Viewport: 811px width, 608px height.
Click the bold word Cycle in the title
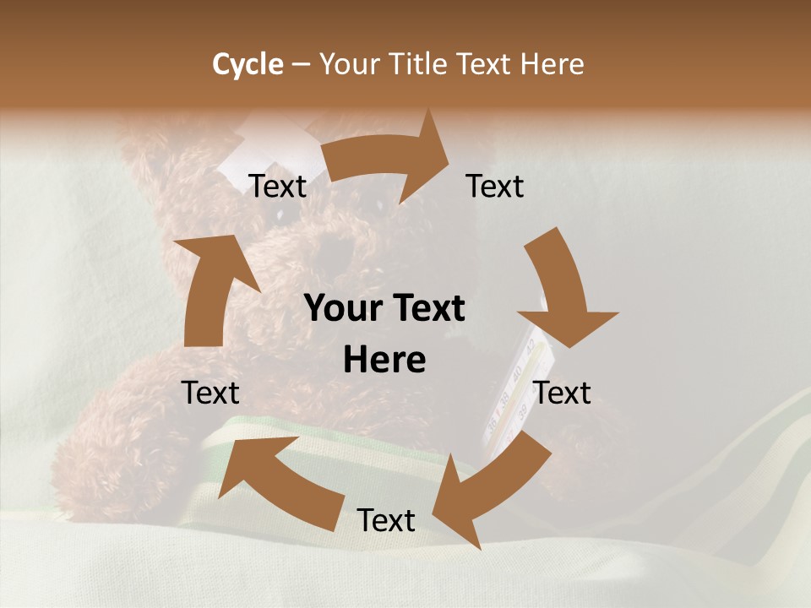pos(248,64)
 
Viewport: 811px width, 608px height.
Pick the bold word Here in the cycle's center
pos(384,361)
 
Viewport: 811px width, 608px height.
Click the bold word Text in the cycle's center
pos(426,309)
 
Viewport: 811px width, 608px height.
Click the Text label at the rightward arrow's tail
pos(278,187)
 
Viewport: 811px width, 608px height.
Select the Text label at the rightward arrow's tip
pos(495,187)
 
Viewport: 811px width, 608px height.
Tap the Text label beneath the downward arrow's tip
pos(563,393)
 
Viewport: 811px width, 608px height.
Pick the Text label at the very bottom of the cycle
pos(386,520)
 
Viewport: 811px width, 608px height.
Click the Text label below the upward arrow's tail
pos(211,393)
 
